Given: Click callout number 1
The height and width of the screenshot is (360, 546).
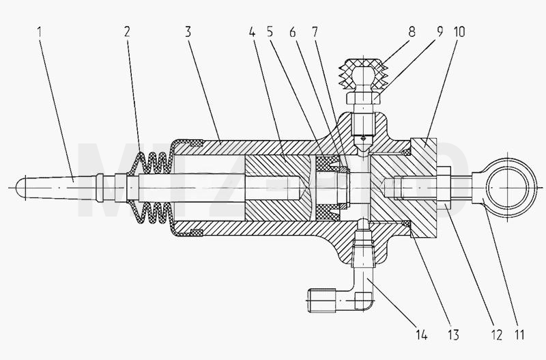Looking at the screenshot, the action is (40, 32).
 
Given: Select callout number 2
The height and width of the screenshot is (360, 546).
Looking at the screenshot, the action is (127, 32).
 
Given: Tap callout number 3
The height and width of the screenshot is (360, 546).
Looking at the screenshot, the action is (188, 32).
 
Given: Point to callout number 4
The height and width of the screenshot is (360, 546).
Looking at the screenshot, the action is (253, 32).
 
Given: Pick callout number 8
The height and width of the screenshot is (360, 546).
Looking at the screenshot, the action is (412, 32).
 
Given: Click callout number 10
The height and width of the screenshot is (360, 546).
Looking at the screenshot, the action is (459, 32).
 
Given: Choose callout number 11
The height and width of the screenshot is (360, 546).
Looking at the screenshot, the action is (519, 335).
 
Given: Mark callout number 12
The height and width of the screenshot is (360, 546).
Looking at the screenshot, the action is (497, 335).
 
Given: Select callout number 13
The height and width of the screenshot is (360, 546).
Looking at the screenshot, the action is (453, 335).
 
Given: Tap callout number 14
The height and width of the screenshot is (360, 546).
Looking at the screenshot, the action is (421, 335).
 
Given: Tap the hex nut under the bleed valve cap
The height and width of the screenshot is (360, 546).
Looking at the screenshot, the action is (364, 98).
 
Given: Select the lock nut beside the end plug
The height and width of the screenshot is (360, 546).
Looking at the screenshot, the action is (443, 188).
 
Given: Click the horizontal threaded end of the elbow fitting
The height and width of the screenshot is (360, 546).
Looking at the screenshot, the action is (321, 300).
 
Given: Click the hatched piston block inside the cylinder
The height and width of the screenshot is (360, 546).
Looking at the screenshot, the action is (275, 188).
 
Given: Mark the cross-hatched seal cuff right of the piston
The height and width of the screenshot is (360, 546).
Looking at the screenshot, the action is (328, 188).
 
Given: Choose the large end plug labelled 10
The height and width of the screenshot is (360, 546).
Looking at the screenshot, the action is (423, 188).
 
